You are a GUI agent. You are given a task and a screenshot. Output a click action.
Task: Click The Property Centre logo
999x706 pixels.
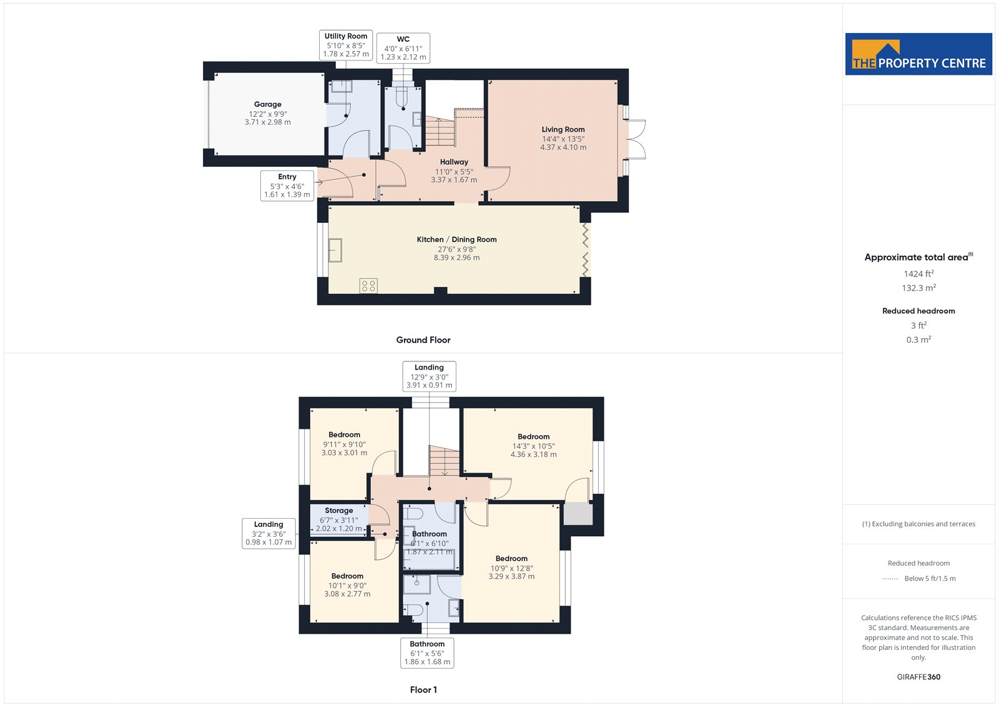[918, 54]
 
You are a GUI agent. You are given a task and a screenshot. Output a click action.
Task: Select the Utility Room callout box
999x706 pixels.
[346, 45]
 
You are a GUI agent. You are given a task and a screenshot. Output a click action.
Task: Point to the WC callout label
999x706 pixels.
[403, 48]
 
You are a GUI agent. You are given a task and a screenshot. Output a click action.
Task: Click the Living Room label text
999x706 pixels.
[563, 129]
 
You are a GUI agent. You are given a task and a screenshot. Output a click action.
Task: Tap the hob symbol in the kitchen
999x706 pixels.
[368, 286]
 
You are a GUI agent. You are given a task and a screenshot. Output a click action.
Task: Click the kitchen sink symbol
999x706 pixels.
[335, 250]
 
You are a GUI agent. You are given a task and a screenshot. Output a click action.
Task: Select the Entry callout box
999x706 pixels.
[287, 185]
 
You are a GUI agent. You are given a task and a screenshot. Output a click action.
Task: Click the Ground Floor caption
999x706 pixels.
[423, 340]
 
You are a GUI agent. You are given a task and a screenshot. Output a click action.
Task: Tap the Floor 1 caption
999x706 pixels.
[423, 690]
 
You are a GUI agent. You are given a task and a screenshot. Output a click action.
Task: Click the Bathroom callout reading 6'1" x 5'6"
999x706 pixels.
[427, 653]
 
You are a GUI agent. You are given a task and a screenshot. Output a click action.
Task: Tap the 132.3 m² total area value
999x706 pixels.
[918, 288]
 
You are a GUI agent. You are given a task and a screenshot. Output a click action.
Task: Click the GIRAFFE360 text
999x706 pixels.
[918, 677]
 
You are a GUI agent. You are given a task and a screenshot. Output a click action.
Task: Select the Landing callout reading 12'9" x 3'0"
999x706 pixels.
[429, 376]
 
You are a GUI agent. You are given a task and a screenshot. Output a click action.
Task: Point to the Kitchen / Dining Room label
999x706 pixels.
[456, 240]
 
